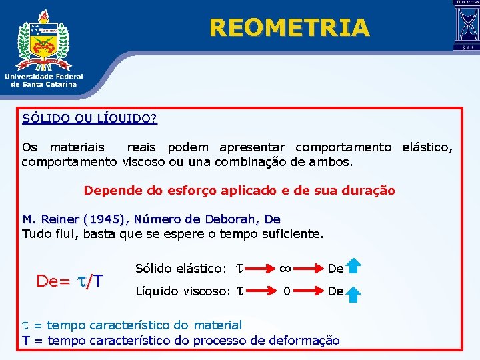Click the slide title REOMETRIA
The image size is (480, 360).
(289, 28)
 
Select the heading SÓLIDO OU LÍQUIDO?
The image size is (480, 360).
(89, 119)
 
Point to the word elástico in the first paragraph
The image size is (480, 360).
(427, 147)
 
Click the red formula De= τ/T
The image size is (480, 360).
(69, 281)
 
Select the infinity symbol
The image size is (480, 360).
(285, 268)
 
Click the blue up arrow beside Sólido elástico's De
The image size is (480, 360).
(354, 267)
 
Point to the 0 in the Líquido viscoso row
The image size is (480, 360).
(287, 291)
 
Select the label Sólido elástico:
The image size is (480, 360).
(181, 268)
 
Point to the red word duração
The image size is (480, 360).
(368, 191)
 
